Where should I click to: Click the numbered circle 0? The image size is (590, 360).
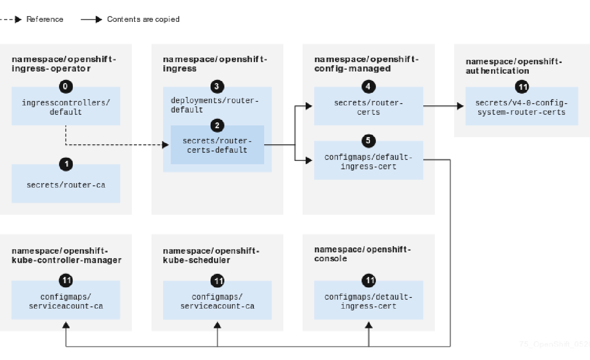coord(65,87)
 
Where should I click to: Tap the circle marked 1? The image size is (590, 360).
coord(66,164)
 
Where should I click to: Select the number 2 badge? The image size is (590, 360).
coord(217,126)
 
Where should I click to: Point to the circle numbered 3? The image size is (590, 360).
coord(217,87)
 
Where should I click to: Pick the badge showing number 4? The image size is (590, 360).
coord(368,87)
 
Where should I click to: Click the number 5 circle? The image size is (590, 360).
coord(368,141)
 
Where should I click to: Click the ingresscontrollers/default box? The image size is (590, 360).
coord(66,107)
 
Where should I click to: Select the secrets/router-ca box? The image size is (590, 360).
coord(66,184)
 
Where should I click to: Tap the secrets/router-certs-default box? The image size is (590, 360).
coord(217,146)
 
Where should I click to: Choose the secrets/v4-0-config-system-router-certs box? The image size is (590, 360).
coord(521,108)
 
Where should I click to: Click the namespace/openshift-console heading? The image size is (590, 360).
coord(362,254)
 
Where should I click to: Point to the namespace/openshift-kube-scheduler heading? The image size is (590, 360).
coord(211,255)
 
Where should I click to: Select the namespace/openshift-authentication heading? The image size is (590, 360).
coord(514,66)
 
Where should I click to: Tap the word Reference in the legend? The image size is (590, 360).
coord(45,19)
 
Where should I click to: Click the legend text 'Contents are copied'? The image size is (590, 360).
coord(143,19)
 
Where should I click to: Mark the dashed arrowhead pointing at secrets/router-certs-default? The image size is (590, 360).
coord(165,145)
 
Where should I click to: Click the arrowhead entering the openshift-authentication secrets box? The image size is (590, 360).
coord(460,106)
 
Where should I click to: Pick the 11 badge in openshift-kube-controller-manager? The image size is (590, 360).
coord(66,280)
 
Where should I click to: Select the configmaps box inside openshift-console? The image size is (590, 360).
coord(368,301)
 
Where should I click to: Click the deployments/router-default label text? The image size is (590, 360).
coord(215,105)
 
